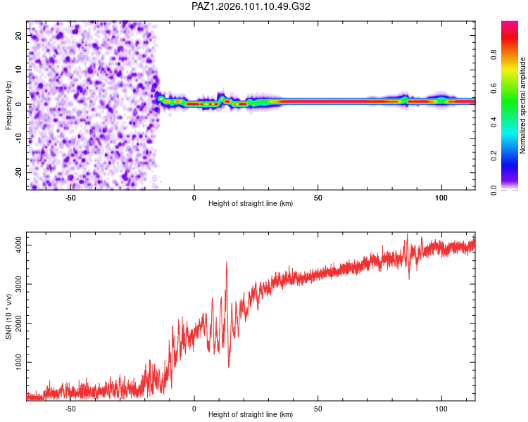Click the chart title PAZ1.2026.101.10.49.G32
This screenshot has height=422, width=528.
coord(251,6)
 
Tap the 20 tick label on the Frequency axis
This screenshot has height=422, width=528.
coord(19,36)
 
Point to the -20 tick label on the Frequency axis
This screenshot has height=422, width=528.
coord(19,172)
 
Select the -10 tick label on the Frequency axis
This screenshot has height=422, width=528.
coord(19,139)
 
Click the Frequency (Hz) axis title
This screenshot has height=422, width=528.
coord(8,105)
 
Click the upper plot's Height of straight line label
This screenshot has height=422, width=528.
coord(251,203)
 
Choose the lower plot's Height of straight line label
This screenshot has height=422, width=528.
coord(251,414)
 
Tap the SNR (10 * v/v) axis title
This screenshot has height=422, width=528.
coord(8,316)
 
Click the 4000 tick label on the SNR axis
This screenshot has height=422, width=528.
coord(19,245)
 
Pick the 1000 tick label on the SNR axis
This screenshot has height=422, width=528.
coord(19,362)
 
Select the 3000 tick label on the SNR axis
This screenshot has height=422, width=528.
coord(19,284)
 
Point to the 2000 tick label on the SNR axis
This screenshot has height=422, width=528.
coord(19,323)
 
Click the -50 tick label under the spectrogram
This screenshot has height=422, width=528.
coord(70,198)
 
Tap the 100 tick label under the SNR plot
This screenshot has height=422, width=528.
coord(441,409)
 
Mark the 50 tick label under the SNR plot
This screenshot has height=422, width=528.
coord(318,409)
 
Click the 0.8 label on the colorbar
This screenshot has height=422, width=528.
coord(494,54)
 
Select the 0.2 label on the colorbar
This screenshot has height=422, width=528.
coord(494,156)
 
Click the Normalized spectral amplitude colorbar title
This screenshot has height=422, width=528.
coord(522,105)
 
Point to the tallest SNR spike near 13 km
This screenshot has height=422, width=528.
coord(227,262)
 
